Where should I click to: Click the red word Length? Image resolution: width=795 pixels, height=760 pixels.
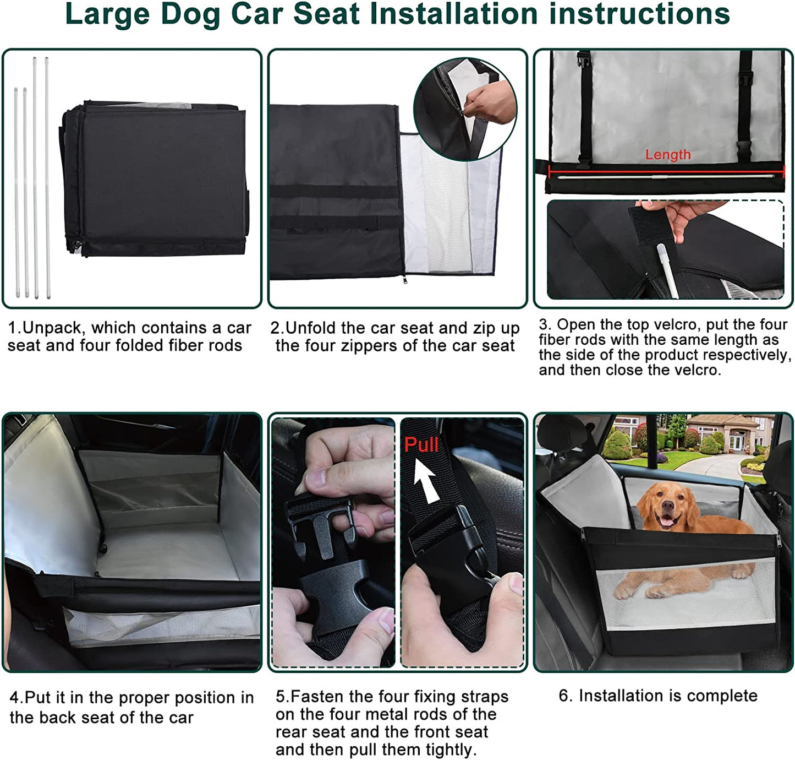[x=667, y=155]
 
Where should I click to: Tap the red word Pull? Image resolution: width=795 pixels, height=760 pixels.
[x=421, y=444]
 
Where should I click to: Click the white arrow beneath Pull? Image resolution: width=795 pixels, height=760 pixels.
[x=426, y=479]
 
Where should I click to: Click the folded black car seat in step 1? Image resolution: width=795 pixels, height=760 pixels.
[x=155, y=178]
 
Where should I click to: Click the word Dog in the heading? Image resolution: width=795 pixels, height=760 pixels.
[x=191, y=14]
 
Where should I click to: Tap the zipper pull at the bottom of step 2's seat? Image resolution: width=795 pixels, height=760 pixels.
[x=404, y=279]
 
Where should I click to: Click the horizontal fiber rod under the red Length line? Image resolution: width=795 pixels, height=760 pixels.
[x=666, y=177]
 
